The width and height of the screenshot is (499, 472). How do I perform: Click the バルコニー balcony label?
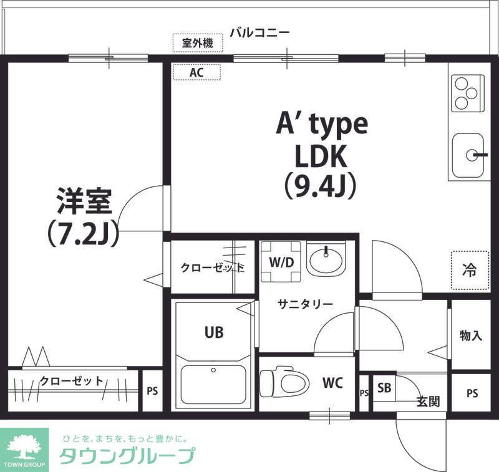point(259,32)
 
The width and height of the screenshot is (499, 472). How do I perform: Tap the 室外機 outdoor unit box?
point(197,43)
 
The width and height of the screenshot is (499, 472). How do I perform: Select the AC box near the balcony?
point(196,72)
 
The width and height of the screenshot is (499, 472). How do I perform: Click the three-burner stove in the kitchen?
point(467,94)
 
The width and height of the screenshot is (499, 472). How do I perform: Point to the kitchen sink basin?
point(468,155)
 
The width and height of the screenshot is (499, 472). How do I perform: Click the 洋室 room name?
point(84,201)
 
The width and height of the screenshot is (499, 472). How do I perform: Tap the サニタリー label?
point(305,304)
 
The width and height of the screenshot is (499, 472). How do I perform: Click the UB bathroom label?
point(214,332)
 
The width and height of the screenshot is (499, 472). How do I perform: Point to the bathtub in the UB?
point(213,385)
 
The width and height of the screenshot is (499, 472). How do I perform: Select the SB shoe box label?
point(384,387)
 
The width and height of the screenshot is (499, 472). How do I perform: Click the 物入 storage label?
point(471,335)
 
